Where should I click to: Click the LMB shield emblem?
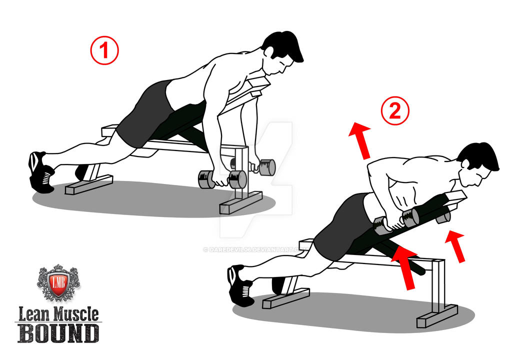coord(58,282)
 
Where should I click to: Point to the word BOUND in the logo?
coord(58,332)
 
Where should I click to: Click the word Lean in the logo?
coord(33,314)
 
